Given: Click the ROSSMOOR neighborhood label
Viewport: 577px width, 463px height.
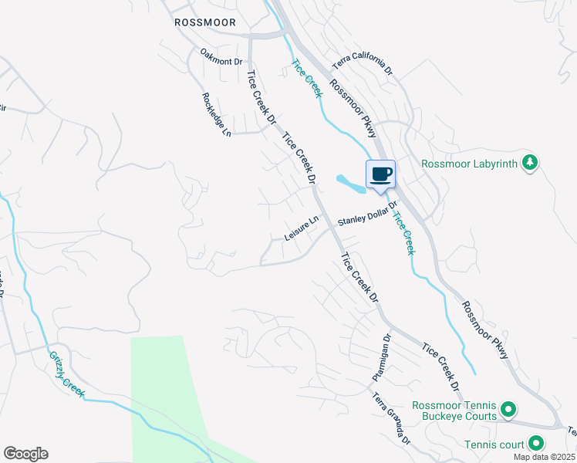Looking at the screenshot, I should click(205, 22).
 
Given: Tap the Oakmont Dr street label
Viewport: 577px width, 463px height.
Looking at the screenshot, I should click(221, 56).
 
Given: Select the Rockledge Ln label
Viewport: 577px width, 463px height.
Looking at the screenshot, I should click(217, 115).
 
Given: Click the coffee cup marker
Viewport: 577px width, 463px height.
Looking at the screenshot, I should click(381, 174).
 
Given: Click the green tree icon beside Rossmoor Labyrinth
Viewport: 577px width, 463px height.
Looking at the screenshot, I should click(529, 162).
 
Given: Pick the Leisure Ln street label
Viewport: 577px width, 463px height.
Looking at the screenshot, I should click(302, 228).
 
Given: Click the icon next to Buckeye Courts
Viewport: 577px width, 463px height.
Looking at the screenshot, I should click(508, 409).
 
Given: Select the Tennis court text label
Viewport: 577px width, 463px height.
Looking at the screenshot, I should click(494, 444).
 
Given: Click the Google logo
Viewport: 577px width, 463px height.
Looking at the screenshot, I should click(25, 454).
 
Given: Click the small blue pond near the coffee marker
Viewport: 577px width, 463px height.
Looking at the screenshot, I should click(350, 184).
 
